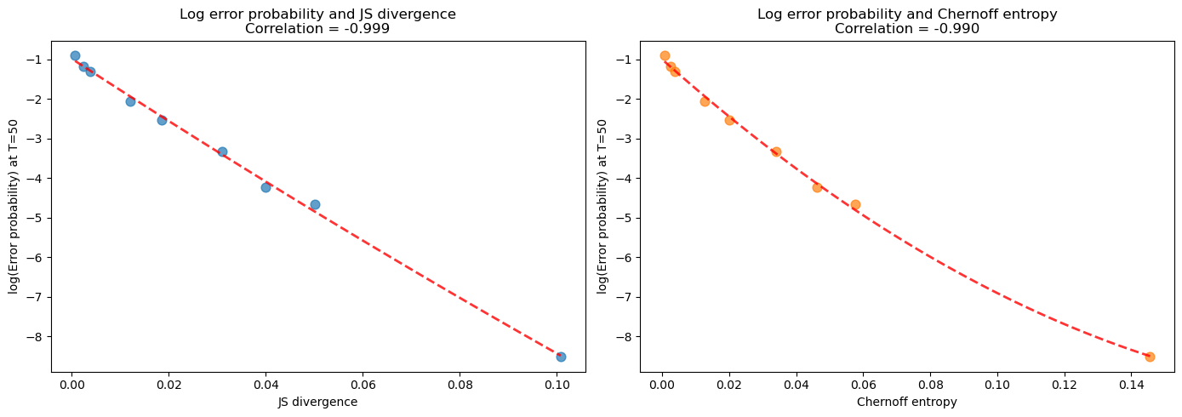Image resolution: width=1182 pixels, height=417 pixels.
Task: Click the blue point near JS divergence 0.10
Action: (x=561, y=357)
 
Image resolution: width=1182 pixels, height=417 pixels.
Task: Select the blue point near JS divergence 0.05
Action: (x=315, y=204)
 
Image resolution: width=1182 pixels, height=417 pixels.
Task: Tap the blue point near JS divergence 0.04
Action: (x=266, y=187)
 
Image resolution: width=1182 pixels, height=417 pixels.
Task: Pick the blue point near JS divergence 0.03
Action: (x=222, y=151)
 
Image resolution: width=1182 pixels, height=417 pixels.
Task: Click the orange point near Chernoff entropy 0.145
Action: (x=1150, y=357)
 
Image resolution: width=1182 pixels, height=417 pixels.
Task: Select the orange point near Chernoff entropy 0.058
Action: (x=855, y=204)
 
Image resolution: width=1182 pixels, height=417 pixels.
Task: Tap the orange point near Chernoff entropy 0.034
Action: (x=776, y=151)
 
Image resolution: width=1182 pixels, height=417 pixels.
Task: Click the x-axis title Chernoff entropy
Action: (x=907, y=403)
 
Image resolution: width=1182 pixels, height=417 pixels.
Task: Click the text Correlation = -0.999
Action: (x=318, y=29)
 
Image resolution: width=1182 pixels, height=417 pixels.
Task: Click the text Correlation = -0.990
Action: (x=907, y=29)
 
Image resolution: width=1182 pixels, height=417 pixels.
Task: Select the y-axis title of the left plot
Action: (x=14, y=207)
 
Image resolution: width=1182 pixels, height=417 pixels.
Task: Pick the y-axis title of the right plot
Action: (x=603, y=207)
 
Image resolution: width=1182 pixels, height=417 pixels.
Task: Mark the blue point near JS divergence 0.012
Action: (x=130, y=101)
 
